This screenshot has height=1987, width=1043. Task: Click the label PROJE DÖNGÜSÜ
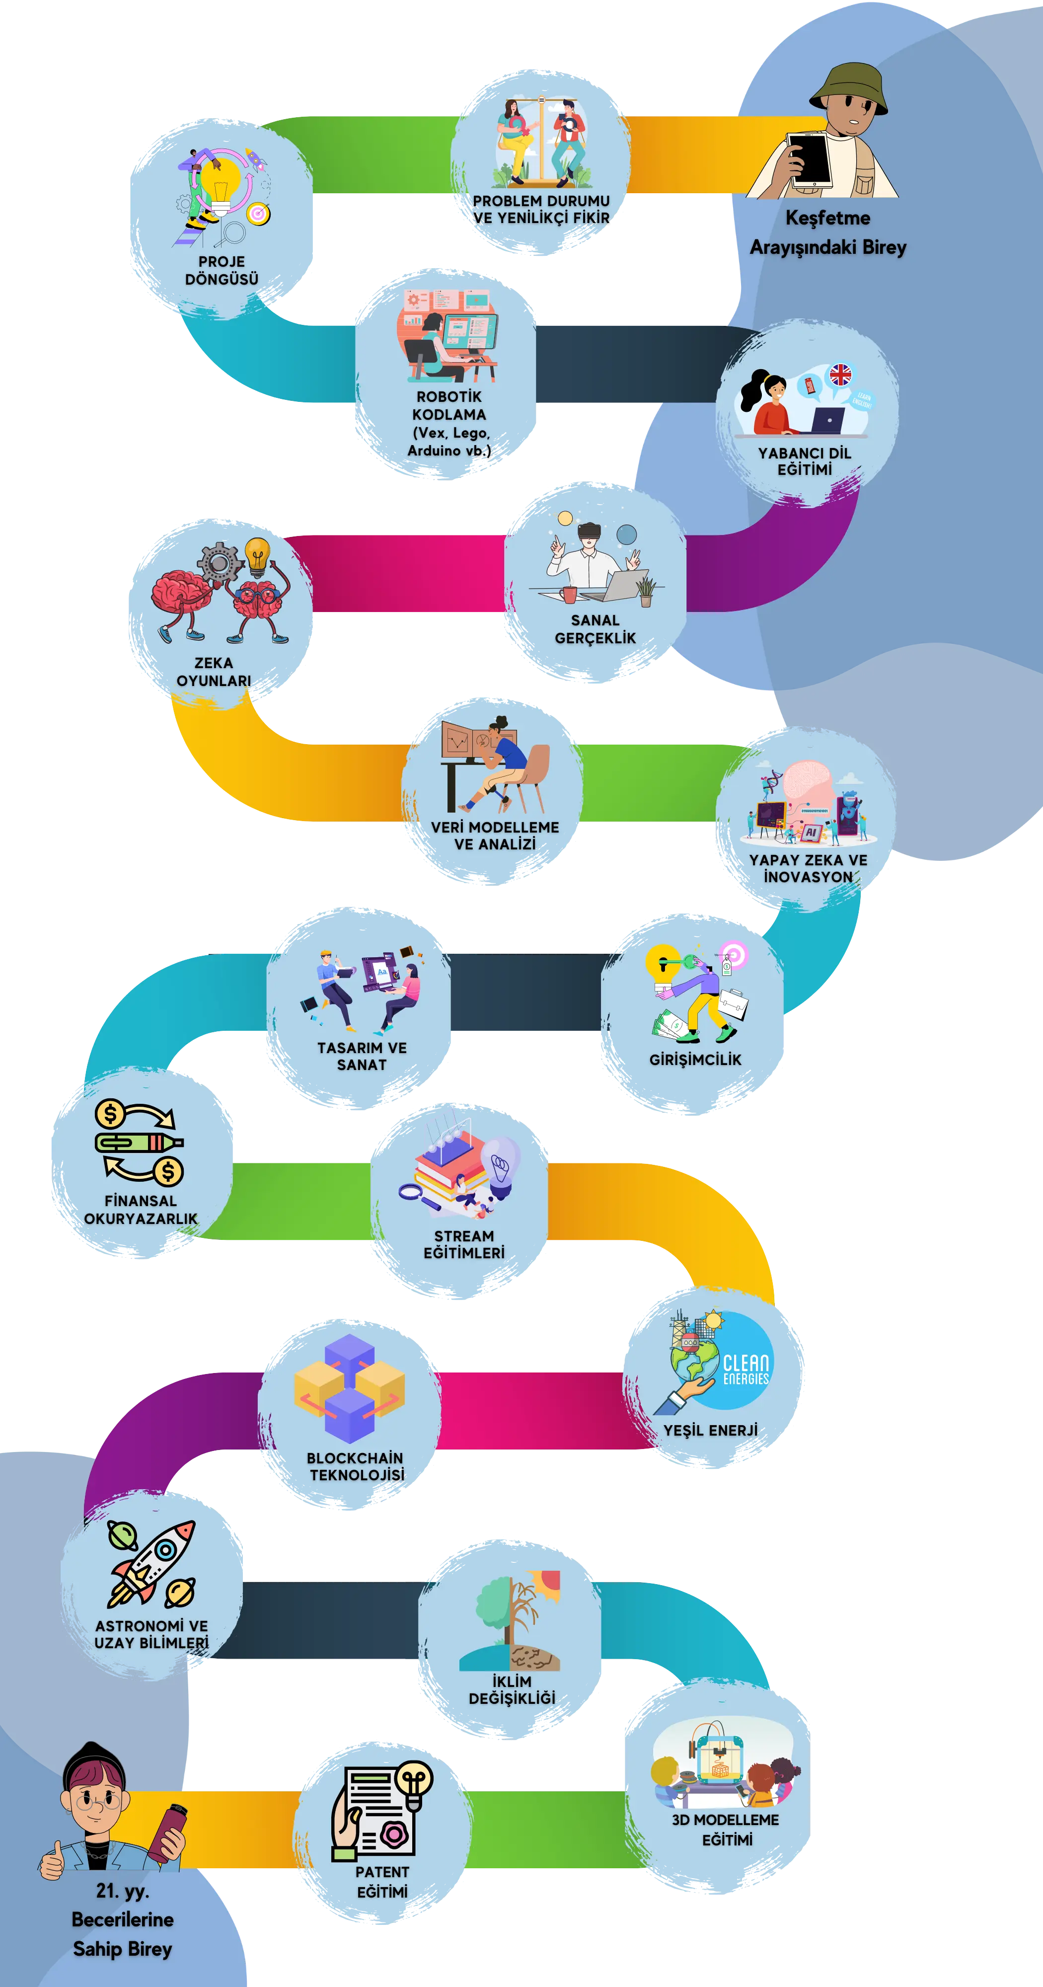point(222,270)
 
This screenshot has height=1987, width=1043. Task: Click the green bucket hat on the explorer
point(849,89)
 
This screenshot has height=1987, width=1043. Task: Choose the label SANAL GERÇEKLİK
point(595,629)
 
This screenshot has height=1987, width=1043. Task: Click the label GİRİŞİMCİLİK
point(695,1059)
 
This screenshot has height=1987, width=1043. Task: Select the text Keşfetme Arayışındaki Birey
point(828,232)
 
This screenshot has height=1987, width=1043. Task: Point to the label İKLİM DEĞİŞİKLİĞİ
point(512,1689)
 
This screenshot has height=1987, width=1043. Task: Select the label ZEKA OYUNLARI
point(214,671)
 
